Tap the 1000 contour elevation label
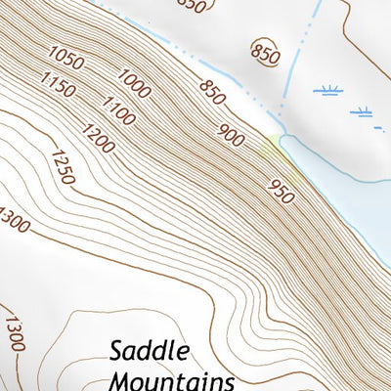134,83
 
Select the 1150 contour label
59,86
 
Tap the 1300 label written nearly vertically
14,332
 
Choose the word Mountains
173,379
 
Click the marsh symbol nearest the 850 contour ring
326,91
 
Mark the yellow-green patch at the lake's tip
275,147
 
